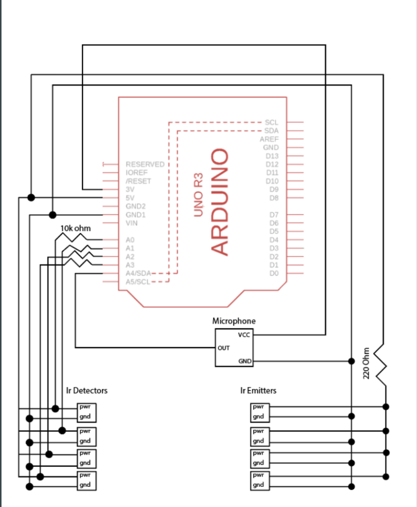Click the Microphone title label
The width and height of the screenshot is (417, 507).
[x=234, y=321]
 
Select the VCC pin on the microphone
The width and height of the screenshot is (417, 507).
[x=244, y=335]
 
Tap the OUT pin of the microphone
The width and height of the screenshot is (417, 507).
[x=224, y=348]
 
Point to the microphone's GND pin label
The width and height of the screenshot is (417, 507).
[x=245, y=361]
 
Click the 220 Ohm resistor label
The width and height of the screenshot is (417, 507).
[x=366, y=363]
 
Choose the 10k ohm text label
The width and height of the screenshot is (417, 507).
[x=75, y=228]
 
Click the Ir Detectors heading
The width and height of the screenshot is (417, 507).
[x=87, y=391]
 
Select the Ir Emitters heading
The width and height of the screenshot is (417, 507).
[x=258, y=391]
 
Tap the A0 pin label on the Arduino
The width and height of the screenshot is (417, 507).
[x=130, y=240]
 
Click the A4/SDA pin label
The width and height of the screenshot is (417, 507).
[x=138, y=274]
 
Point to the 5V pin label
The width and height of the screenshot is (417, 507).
[x=130, y=198]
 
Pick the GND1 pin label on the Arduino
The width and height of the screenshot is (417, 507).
[x=136, y=215]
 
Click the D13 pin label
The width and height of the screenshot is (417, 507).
[x=272, y=156]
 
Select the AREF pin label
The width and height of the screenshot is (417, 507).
[x=269, y=139]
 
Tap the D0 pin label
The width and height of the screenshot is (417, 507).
[x=274, y=274]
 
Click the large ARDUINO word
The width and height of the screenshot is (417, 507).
[x=219, y=202]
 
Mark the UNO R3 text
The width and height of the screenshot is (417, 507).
[x=199, y=194]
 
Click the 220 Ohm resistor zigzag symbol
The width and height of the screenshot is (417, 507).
[x=381, y=365]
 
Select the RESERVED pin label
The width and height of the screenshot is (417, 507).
[x=145, y=164]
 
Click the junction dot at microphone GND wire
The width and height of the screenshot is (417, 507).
[x=351, y=361]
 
